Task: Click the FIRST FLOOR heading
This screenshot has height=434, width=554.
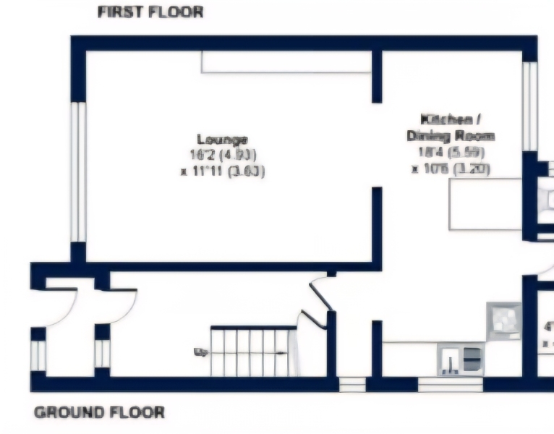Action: click(150, 12)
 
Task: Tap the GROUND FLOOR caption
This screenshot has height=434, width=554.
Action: click(99, 413)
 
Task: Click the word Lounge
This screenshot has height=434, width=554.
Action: click(223, 139)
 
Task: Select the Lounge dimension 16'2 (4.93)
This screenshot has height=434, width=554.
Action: click(223, 155)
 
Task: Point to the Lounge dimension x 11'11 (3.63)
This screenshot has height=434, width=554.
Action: click(223, 171)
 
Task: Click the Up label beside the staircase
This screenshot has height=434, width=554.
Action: click(200, 352)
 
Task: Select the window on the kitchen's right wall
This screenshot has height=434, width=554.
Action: click(530, 106)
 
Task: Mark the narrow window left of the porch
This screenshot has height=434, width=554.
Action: click(38, 354)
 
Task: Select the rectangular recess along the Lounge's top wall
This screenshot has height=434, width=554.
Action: click(286, 62)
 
